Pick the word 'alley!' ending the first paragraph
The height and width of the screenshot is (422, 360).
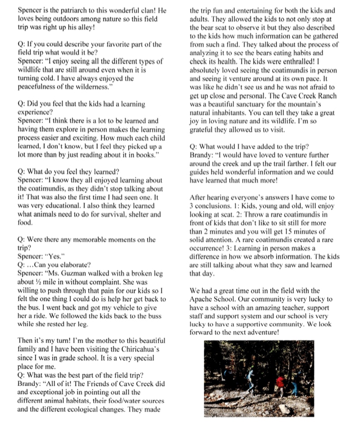pos(95,27)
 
